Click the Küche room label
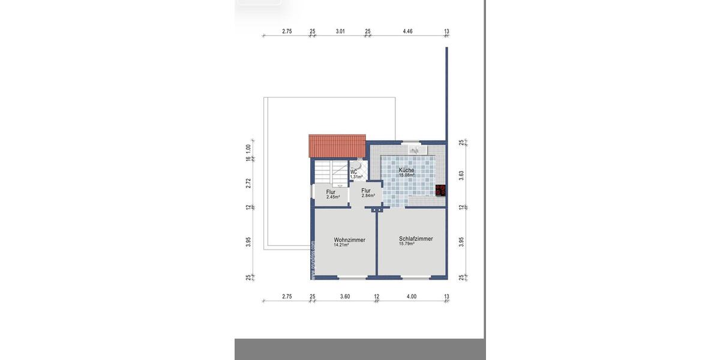(406, 170)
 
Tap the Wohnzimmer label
(350, 240)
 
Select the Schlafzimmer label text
(416, 239)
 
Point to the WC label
(353, 172)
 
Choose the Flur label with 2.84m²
(366, 190)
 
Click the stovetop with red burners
(441, 190)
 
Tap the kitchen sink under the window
(414, 151)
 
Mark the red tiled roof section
(337, 146)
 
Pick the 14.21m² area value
(341, 245)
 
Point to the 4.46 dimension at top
(407, 31)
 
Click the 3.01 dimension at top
(340, 31)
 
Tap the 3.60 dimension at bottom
(344, 296)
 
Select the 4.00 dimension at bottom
(410, 296)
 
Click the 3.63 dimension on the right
(461, 175)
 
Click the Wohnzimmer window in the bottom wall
(352, 277)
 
